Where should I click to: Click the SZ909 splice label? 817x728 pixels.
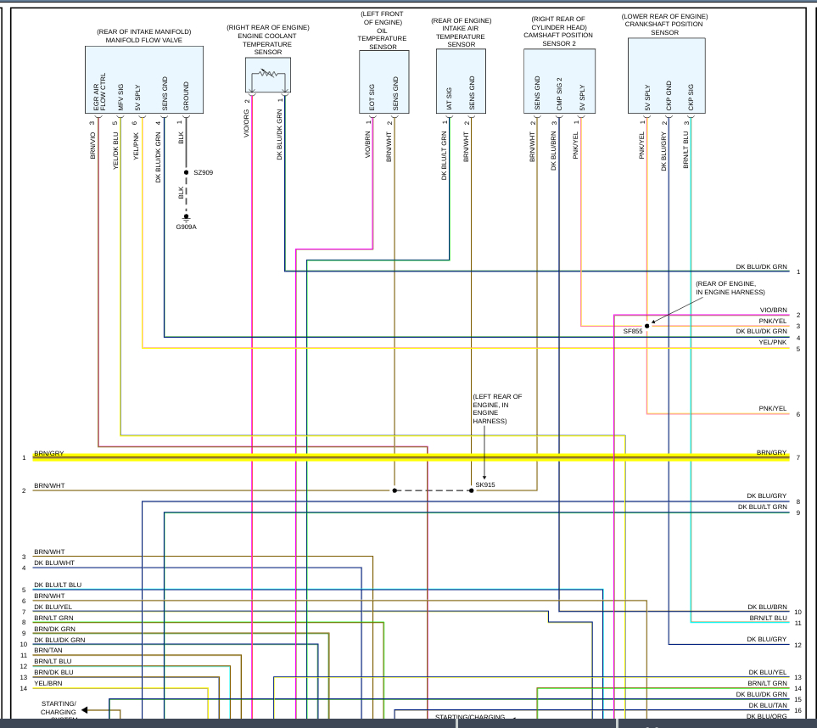point(203,172)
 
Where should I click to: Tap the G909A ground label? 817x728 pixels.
point(187,227)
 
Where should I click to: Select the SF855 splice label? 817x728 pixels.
point(633,331)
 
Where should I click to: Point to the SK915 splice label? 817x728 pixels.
point(485,484)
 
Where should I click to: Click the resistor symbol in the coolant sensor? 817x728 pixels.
point(268,74)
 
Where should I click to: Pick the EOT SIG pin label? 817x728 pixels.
point(372,98)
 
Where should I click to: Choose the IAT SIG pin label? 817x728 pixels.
point(448,100)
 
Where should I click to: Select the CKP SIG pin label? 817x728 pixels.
point(691,98)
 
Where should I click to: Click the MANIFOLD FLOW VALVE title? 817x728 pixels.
point(143,40)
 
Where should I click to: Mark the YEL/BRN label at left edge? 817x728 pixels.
point(48,683)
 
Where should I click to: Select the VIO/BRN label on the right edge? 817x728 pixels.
point(773,311)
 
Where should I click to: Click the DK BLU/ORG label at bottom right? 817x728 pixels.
point(767,716)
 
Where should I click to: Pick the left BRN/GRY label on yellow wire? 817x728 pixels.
point(48,454)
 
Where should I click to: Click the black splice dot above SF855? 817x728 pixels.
point(646,325)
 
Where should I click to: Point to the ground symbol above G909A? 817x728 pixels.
point(187,218)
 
